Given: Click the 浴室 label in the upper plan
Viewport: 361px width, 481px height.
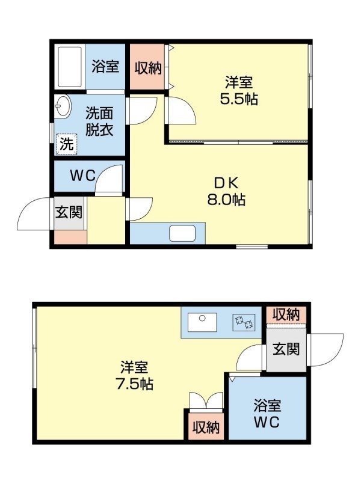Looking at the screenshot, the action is tap(105, 66).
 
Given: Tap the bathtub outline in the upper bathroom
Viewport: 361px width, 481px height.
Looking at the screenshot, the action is tap(70, 67).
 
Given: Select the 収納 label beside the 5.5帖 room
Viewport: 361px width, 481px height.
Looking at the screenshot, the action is tap(148, 68).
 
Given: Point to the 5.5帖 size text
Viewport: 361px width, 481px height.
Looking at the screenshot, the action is tap(238, 99).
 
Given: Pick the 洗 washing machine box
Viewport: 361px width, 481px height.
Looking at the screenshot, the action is tap(66, 144).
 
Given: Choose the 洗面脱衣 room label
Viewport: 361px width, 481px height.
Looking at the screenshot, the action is tap(99, 121).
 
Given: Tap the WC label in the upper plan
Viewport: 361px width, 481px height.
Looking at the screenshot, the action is tap(82, 176).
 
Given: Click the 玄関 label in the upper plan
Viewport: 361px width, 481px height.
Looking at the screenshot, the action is tap(69, 212).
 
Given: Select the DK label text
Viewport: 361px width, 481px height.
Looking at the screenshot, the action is tap(226, 183).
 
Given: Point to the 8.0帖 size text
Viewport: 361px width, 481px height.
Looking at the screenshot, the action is tap(226, 200).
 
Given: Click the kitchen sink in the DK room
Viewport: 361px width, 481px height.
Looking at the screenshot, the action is tap(182, 233).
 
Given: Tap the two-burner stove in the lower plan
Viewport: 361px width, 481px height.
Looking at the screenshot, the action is tap(244, 322).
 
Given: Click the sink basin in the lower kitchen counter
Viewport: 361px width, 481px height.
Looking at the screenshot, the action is tap(202, 322).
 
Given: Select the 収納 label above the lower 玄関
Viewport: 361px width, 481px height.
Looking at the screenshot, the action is tap(286, 314).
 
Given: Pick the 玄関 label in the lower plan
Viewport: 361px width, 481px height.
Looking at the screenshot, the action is tap(286, 349).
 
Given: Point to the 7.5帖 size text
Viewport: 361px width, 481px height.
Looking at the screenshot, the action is tap(134, 384).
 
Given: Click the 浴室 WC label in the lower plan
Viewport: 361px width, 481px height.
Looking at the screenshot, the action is tap(267, 414).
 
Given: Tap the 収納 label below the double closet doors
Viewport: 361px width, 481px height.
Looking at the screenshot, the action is tap(206, 427).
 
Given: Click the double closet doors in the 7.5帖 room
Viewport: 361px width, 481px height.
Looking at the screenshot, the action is tap(206, 401).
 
